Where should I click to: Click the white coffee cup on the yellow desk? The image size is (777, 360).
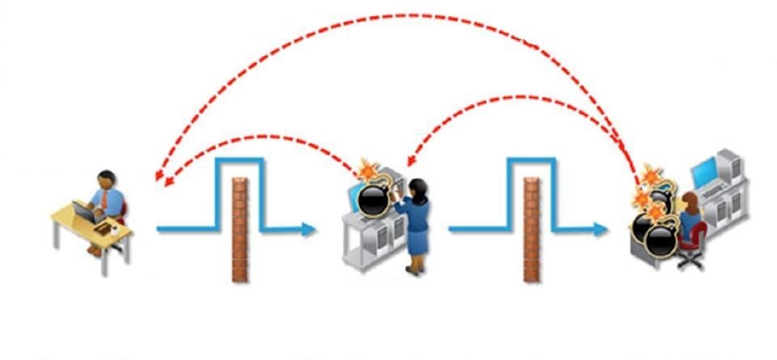(115, 228)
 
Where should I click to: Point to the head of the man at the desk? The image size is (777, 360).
(106, 179)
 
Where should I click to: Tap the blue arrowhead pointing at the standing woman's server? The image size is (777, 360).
(308, 229)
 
